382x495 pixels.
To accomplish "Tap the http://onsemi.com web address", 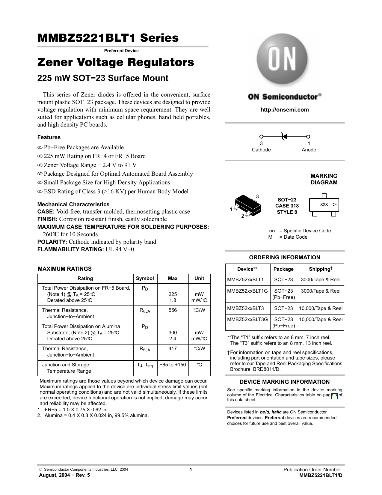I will point(284,110).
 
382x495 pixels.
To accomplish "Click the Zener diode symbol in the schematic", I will point(284,137).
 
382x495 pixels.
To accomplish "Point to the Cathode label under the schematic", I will point(261,150).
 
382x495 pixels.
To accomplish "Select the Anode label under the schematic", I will point(309,150).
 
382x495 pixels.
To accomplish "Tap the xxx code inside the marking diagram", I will point(324,204).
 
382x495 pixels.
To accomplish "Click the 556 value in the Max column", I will point(173,310).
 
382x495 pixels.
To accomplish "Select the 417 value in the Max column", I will point(173,349).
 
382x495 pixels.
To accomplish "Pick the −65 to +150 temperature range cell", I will point(173,365).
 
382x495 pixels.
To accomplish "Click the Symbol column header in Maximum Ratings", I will point(145,279).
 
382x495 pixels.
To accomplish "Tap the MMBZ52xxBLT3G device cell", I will point(247,320).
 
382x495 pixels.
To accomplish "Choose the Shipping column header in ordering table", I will point(320,269).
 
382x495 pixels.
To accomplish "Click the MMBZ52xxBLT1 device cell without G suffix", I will point(245,280).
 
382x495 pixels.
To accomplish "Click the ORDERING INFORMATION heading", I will point(284,258).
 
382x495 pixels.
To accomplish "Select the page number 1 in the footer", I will point(190,470).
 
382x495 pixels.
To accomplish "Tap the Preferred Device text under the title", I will point(121,51).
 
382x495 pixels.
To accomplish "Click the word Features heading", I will point(49,137).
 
